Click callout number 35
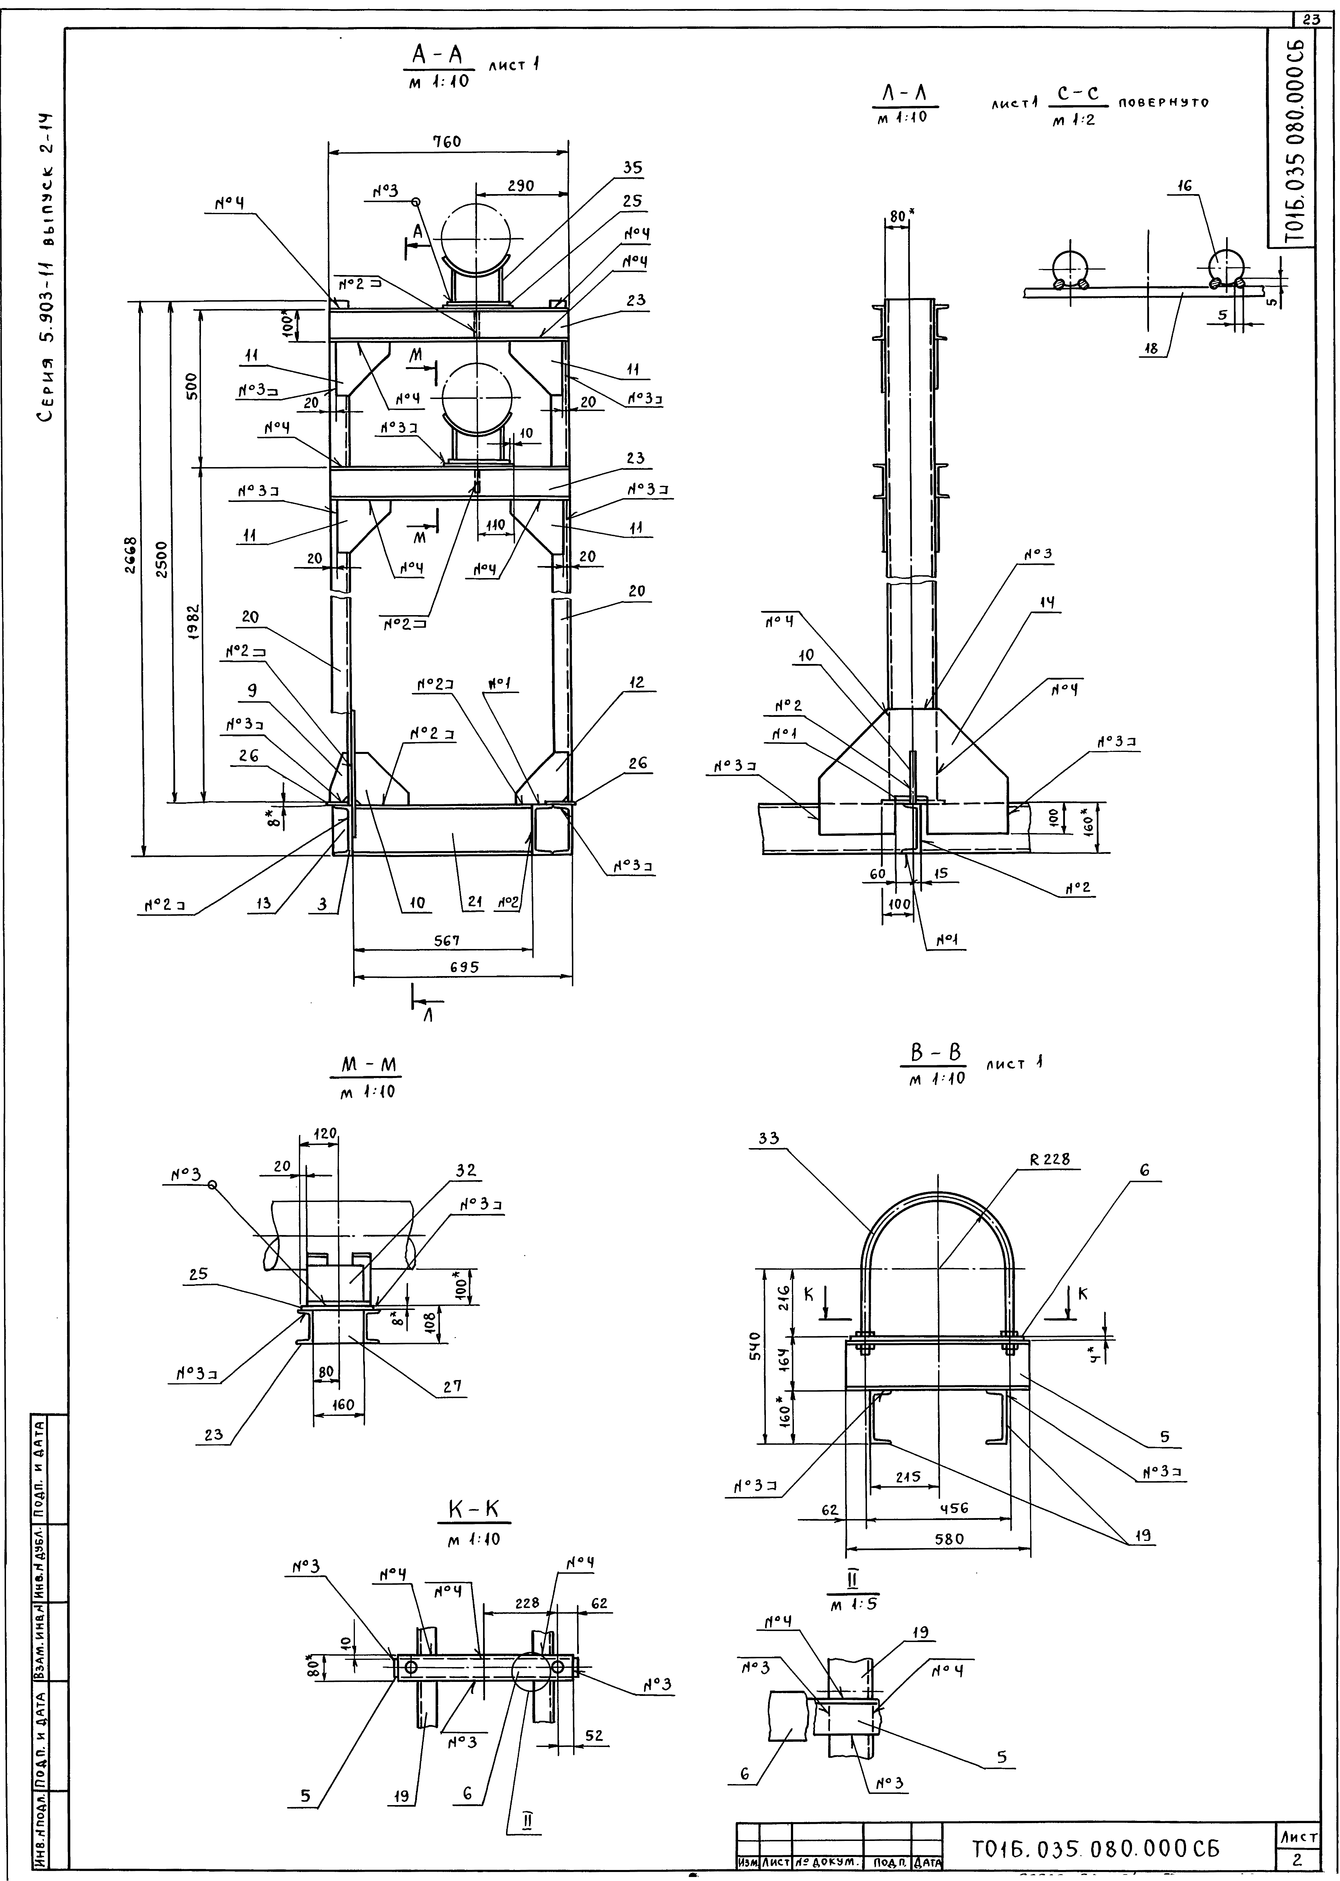click(633, 167)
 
